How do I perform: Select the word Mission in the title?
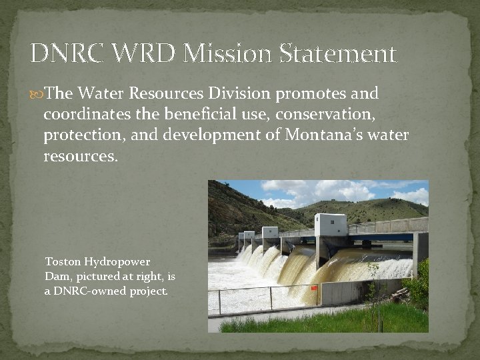point(219,53)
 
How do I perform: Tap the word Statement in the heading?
point(337,53)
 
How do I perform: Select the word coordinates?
point(85,114)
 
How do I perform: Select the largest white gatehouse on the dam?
point(330,225)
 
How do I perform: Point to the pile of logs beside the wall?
point(401,294)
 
